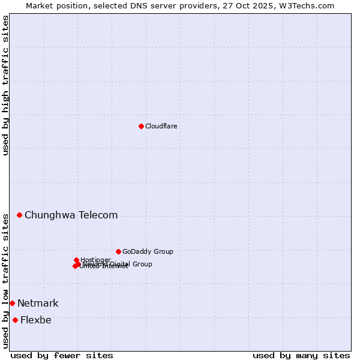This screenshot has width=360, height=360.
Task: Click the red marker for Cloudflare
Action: tap(141, 126)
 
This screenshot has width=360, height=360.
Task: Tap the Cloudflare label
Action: tap(161, 126)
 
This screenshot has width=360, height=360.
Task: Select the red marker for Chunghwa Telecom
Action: tap(19, 215)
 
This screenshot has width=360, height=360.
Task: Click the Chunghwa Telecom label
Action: tap(71, 215)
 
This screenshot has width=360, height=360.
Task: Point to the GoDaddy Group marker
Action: tap(118, 251)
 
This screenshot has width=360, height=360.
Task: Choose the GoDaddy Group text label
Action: tap(148, 251)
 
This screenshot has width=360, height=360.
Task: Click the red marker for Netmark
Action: tap(12, 303)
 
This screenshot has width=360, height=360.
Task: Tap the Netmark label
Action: tap(38, 303)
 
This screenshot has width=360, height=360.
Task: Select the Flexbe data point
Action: tap(15, 320)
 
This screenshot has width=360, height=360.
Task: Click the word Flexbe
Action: tap(35, 320)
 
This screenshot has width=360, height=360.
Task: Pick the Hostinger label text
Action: tap(95, 260)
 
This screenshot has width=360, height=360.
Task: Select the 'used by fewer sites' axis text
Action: tap(62, 355)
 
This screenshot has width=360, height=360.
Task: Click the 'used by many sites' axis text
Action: tap(301, 355)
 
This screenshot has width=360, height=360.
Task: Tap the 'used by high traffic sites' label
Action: tap(5, 85)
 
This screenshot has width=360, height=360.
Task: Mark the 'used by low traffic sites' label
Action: tap(5, 280)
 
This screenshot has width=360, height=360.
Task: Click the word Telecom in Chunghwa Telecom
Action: tap(98, 215)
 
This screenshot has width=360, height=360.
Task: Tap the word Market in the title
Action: tap(40, 5)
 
